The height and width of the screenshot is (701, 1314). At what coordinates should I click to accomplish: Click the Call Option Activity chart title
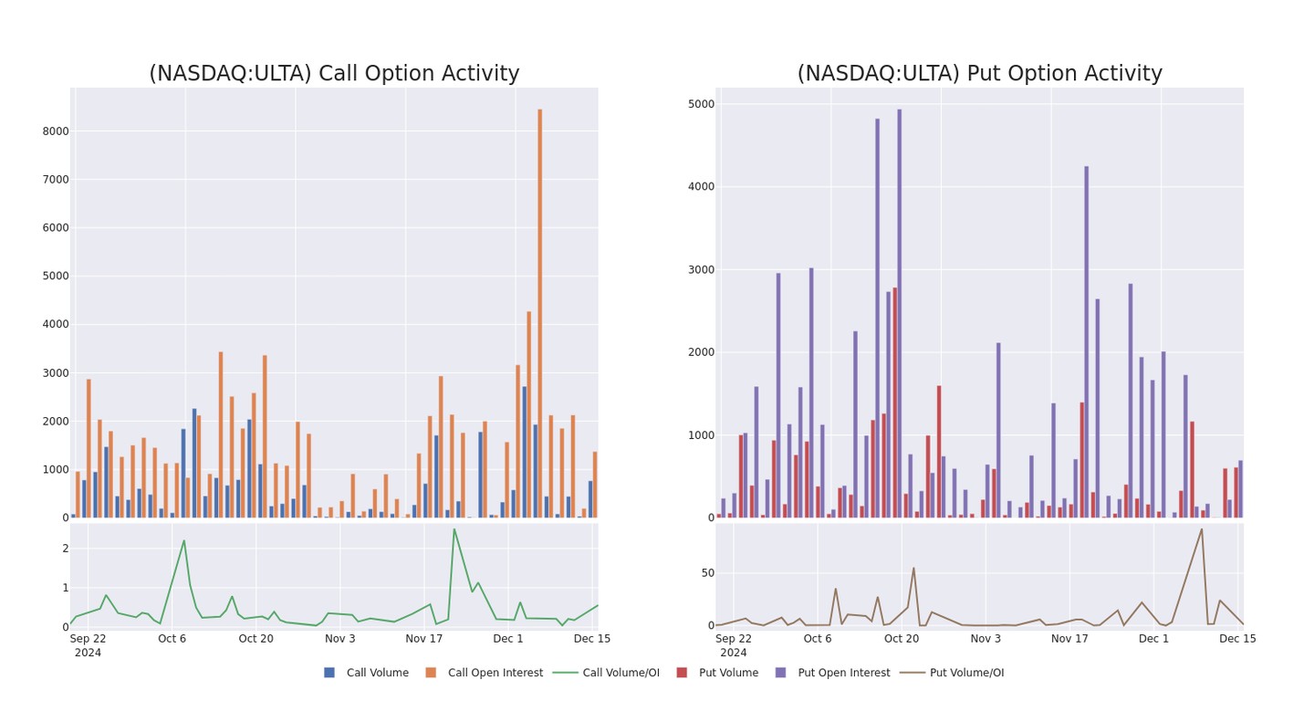334,74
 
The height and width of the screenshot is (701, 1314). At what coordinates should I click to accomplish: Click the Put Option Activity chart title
979,74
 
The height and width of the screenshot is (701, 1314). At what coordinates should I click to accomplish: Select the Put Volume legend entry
726,673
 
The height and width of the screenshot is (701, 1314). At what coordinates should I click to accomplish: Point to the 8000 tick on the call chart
56,131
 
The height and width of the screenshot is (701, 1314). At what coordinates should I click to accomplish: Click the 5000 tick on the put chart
701,104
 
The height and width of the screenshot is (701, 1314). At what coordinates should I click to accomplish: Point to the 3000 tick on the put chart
701,270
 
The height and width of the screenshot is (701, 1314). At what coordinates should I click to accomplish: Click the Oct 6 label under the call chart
172,639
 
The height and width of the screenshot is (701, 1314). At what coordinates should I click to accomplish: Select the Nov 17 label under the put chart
1069,639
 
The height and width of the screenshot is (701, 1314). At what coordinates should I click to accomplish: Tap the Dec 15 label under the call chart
592,639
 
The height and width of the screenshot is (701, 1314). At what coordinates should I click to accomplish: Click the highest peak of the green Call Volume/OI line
454,529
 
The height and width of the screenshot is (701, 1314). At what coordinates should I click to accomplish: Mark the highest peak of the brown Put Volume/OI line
1202,529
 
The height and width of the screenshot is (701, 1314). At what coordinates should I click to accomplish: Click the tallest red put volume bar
895,403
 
